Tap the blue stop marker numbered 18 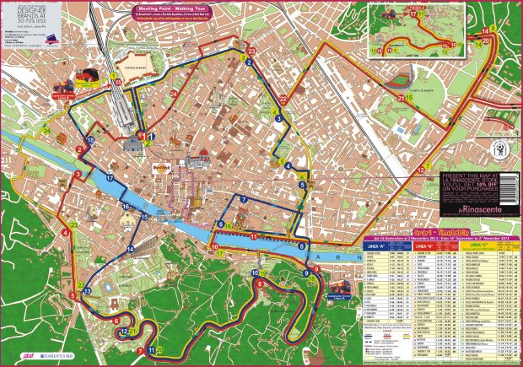click(90, 140)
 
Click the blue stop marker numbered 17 click(111, 178)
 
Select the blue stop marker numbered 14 click(131, 250)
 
